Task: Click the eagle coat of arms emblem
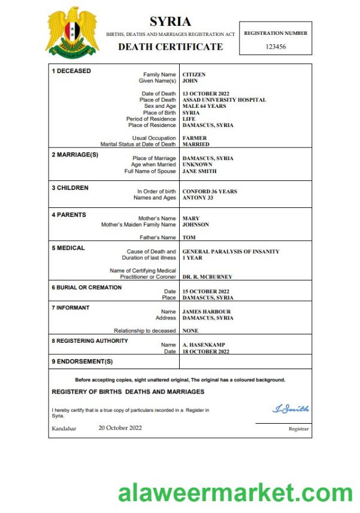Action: point(72,32)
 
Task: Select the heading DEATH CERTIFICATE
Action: point(170,47)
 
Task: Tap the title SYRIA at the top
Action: point(170,22)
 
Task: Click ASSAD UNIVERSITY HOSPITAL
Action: point(224,100)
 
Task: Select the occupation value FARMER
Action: point(195,138)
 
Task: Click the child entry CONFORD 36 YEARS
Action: point(210,192)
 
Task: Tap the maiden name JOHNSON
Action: point(196,225)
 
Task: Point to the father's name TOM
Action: point(189,237)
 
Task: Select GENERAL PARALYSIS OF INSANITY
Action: point(231,252)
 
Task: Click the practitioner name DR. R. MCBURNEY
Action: point(207,277)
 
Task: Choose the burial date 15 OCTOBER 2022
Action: point(206,291)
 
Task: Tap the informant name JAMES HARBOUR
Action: point(207,312)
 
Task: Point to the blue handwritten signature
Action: point(291,409)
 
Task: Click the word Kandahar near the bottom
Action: point(64,428)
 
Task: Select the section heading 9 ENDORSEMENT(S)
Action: point(82,361)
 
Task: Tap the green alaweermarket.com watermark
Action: point(236,493)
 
